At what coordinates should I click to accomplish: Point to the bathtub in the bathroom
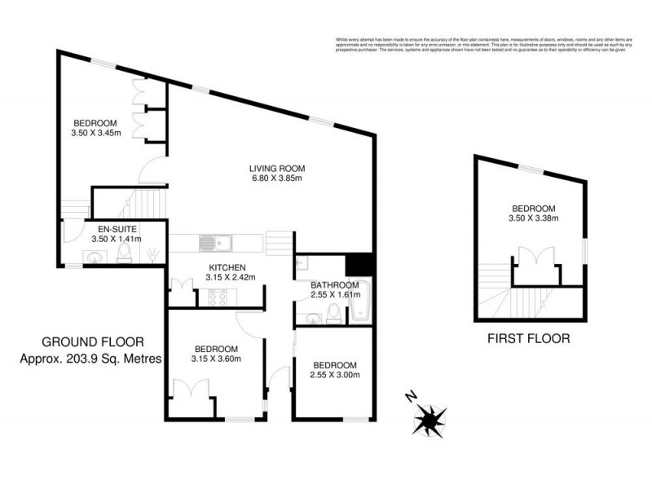point(359,303)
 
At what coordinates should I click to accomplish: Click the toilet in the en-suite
point(123,257)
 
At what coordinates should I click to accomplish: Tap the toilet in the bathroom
point(333,313)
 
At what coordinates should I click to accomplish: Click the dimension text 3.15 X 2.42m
point(231,277)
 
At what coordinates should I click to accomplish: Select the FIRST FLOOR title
point(527,337)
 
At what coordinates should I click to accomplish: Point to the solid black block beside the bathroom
point(359,266)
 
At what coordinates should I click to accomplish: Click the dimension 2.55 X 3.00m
point(335,375)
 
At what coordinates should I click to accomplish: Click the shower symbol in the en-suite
point(152,255)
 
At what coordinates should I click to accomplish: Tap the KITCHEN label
point(227,267)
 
